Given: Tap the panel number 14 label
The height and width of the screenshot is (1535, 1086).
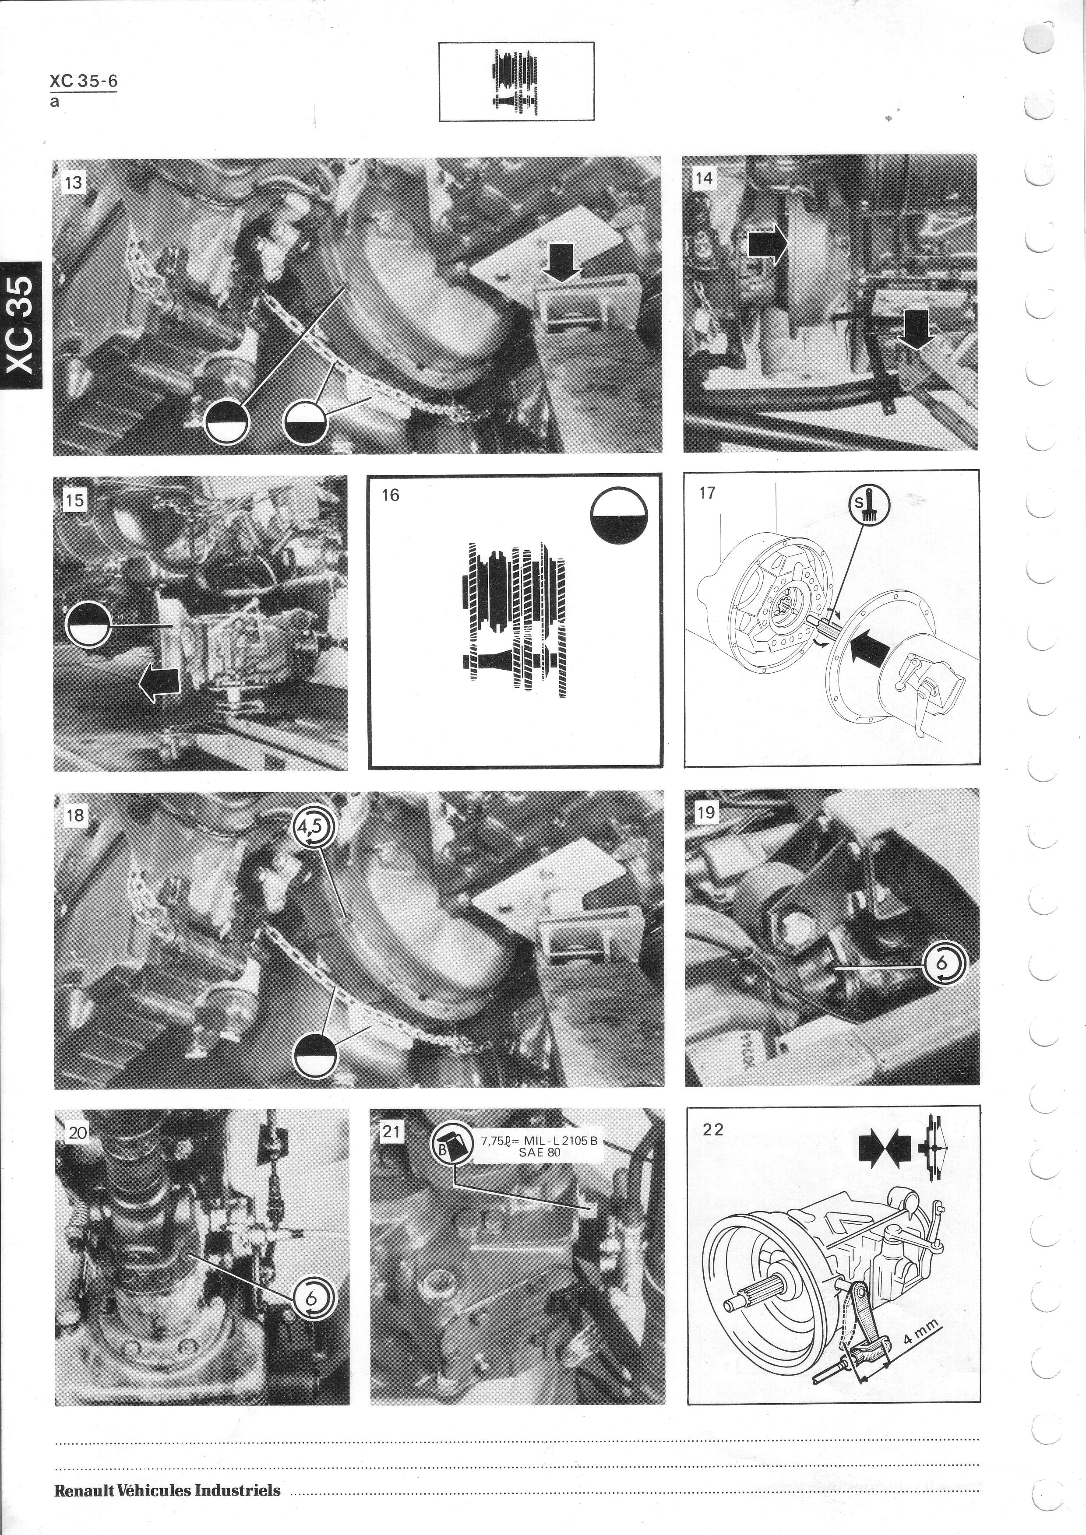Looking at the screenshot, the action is click(x=704, y=179).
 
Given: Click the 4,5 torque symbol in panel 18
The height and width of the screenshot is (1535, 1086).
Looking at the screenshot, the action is click(x=313, y=828).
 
